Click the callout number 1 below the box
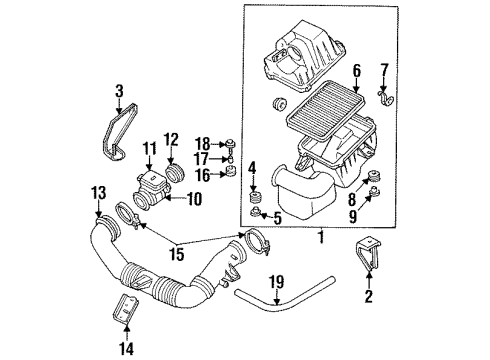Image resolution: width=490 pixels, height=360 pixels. click(319, 238)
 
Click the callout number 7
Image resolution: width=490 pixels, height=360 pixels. click(383, 68)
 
